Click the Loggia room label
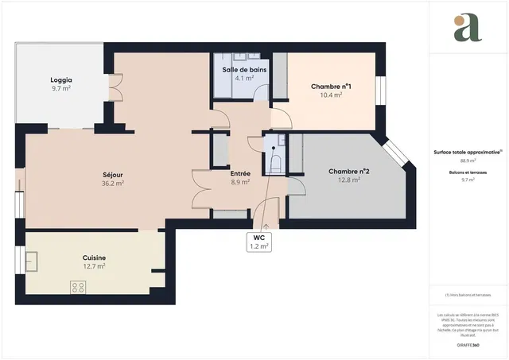pyautogui.click(x=61, y=80)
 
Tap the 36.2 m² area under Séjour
pyautogui.click(x=113, y=183)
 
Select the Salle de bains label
pyautogui.click(x=244, y=70)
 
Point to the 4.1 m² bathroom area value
pyautogui.click(x=244, y=79)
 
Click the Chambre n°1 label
pyautogui.click(x=332, y=86)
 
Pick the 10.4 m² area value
pyautogui.click(x=332, y=95)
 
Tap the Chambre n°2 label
pyautogui.click(x=349, y=172)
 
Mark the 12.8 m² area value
pyautogui.click(x=349, y=180)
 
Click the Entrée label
pyautogui.click(x=240, y=173)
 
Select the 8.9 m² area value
pyautogui.click(x=240, y=182)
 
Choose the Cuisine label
pyautogui.click(x=95, y=257)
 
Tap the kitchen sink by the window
pyautogui.click(x=33, y=260)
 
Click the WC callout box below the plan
pyautogui.click(x=259, y=242)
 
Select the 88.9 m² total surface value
pyautogui.click(x=467, y=161)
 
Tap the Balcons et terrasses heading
pyautogui.click(x=467, y=172)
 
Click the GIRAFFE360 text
pyautogui.click(x=467, y=346)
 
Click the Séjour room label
pyautogui.click(x=113, y=174)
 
